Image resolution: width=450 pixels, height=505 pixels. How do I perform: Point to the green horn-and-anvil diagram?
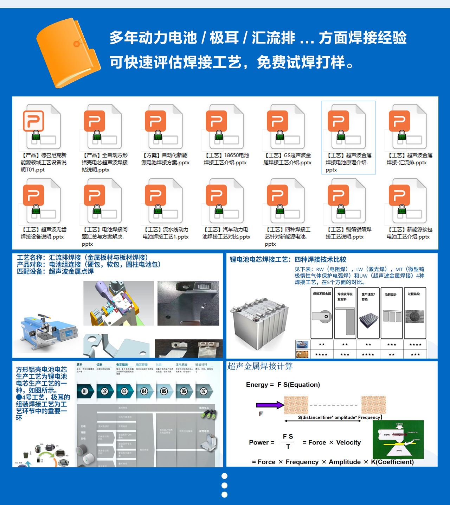pyautogui.click(x=398, y=440)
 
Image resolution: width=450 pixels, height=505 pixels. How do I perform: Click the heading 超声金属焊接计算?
pyautogui.click(x=260, y=366)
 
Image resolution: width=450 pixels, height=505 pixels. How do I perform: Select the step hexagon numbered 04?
pyautogui.click(x=144, y=391)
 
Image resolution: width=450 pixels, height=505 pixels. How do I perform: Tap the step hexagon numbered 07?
pyautogui.click(x=204, y=391)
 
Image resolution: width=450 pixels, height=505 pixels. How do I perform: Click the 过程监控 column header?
pyautogui.click(x=414, y=294)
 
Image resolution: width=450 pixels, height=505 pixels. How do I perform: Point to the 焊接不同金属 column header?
pyautogui.click(x=322, y=294)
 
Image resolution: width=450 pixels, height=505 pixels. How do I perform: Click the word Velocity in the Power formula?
pyautogui.click(x=348, y=443)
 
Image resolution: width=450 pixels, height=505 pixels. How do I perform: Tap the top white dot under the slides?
pyautogui.click(x=225, y=476)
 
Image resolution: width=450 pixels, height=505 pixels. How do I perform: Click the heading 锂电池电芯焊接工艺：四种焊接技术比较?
pyautogui.click(x=288, y=260)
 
